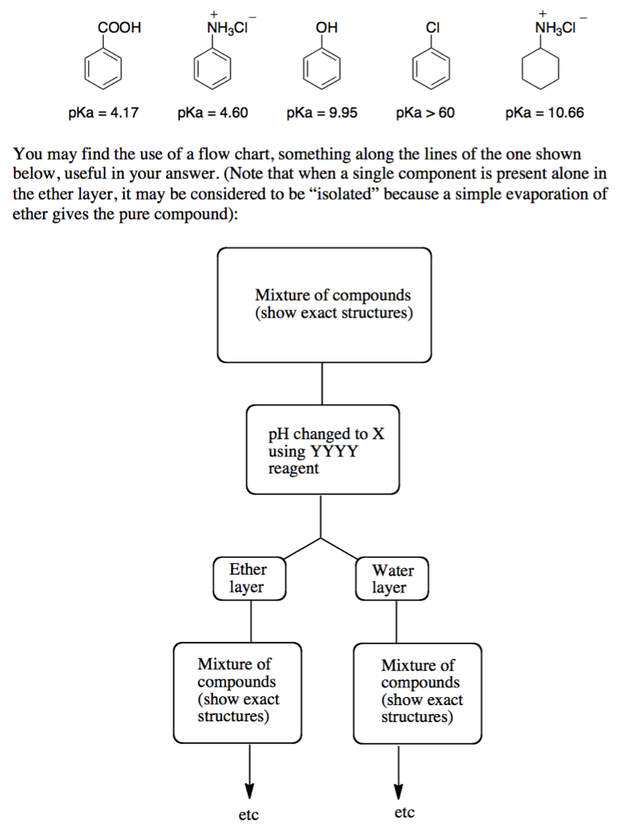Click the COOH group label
click(119, 28)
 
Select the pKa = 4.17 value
click(103, 113)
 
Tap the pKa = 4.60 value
click(212, 113)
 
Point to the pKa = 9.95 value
click(322, 113)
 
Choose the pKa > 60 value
click(426, 113)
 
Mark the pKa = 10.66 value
click(544, 113)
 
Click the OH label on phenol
click(326, 28)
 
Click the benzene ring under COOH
click(105, 71)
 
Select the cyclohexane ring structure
click(541, 71)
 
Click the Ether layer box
click(249, 578)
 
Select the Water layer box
click(392, 579)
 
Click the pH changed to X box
click(323, 451)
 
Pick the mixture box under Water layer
click(418, 692)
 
